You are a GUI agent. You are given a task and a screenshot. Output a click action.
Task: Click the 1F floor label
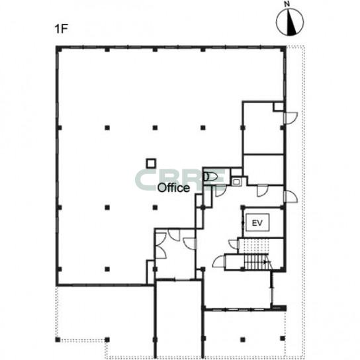62,29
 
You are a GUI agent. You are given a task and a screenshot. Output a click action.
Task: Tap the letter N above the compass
287,4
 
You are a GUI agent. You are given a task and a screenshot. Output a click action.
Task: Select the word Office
173,188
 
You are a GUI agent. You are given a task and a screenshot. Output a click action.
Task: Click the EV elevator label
257,223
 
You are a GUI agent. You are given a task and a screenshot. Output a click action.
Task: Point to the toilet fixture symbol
210,177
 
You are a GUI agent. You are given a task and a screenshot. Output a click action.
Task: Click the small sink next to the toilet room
236,182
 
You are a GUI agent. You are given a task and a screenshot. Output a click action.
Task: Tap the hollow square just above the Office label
151,163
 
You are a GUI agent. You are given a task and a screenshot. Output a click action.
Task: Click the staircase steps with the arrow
257,262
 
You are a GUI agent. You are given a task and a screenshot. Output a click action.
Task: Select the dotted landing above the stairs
253,246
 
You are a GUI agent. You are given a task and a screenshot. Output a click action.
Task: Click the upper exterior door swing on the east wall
291,118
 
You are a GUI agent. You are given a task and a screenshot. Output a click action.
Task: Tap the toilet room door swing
220,191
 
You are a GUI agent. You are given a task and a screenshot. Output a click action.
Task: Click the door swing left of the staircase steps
218,261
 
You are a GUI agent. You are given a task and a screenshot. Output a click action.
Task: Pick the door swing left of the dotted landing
234,244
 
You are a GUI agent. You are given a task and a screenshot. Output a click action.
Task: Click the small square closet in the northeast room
278,107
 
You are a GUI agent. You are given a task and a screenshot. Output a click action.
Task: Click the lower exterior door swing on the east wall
291,197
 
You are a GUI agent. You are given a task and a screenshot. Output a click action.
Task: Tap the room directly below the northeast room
263,169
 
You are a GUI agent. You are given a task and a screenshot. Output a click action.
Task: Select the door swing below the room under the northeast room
263,191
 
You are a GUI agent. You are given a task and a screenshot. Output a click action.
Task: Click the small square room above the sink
236,172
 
